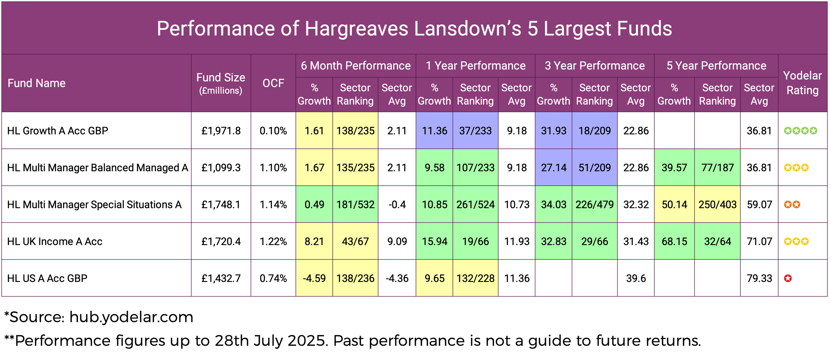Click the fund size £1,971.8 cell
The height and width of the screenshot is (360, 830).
click(221, 131)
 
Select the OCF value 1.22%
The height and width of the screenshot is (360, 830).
click(273, 241)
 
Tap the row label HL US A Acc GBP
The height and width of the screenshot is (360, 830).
click(47, 278)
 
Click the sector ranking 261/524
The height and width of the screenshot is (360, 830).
click(475, 205)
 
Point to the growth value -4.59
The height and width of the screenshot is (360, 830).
click(314, 278)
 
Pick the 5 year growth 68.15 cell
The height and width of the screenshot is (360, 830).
click(674, 241)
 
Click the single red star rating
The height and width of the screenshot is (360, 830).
click(788, 278)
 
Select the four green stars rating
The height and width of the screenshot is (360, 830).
click(800, 131)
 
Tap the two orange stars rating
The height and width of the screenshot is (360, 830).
click(792, 205)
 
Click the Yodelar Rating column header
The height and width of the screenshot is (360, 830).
click(802, 83)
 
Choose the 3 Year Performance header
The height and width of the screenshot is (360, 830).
click(594, 66)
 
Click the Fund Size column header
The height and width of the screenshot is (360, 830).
click(221, 83)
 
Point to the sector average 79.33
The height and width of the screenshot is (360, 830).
click(759, 278)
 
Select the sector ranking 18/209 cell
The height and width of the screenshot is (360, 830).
click(594, 131)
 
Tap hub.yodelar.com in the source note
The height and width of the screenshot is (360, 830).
click(131, 317)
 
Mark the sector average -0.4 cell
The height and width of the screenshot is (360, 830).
click(397, 205)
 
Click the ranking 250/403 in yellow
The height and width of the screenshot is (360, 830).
click(717, 205)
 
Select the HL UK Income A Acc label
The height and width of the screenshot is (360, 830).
click(55, 241)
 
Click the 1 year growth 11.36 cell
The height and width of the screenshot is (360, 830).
click(434, 131)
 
